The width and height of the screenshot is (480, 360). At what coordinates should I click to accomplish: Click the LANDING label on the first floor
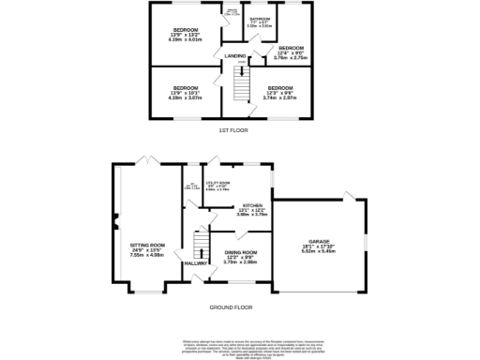click(x=236, y=56)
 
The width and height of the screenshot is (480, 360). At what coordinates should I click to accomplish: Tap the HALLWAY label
click(x=196, y=263)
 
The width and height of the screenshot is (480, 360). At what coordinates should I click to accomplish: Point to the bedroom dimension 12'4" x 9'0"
click(x=291, y=52)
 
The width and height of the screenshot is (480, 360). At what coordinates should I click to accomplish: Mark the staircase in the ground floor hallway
click(x=198, y=246)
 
